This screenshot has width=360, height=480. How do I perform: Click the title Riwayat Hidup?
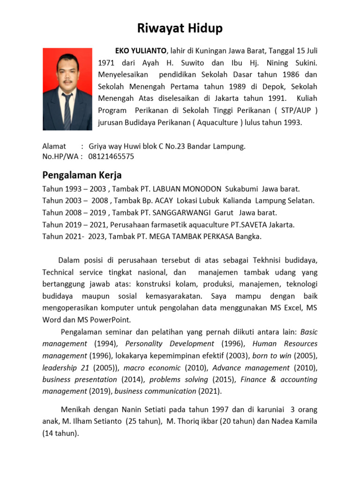click(x=180, y=29)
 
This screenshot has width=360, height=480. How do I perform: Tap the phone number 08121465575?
click(x=111, y=157)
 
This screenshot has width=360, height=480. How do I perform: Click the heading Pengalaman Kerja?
click(x=82, y=175)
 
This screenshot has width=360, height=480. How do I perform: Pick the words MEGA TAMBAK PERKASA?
click(x=188, y=237)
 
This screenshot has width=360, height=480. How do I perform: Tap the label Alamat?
click(x=54, y=146)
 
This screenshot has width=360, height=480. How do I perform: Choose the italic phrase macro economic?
click(x=152, y=368)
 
